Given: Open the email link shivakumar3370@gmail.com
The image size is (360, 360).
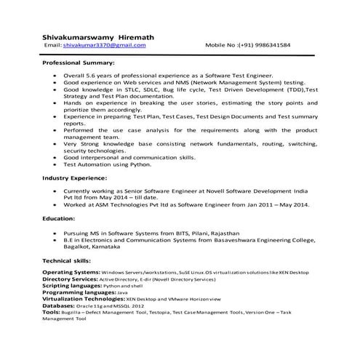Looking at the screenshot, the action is click(104, 45).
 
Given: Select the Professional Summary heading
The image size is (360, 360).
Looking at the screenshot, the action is click(79, 65).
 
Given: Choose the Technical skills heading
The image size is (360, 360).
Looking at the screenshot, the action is click(68, 260).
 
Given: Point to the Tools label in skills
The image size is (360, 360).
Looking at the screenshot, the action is click(51, 313).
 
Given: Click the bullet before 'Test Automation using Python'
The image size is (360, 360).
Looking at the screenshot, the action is click(56, 164).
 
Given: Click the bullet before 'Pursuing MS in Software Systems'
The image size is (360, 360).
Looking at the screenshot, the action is click(56, 233).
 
